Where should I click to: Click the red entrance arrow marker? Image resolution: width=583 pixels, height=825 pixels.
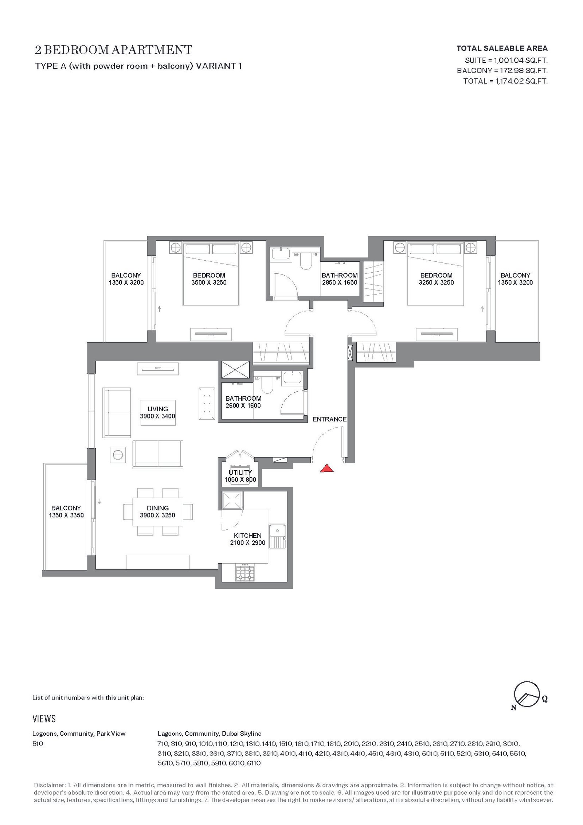click(327, 468)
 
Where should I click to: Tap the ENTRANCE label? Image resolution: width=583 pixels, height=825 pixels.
click(329, 419)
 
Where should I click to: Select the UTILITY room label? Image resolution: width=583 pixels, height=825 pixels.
click(240, 472)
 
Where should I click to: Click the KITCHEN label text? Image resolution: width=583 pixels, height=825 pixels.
click(248, 536)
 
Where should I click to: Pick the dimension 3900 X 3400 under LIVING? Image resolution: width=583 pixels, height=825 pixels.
click(158, 416)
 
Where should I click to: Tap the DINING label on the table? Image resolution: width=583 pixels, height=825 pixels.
click(158, 508)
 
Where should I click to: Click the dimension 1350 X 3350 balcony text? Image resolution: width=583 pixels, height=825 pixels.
click(66, 515)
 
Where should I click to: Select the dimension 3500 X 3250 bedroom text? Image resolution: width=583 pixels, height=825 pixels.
click(209, 283)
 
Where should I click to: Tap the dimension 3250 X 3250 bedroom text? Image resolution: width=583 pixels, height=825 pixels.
click(437, 283)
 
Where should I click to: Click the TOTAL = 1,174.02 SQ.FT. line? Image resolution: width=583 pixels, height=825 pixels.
click(505, 81)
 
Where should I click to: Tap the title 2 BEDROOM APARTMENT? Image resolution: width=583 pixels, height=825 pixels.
click(114, 50)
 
